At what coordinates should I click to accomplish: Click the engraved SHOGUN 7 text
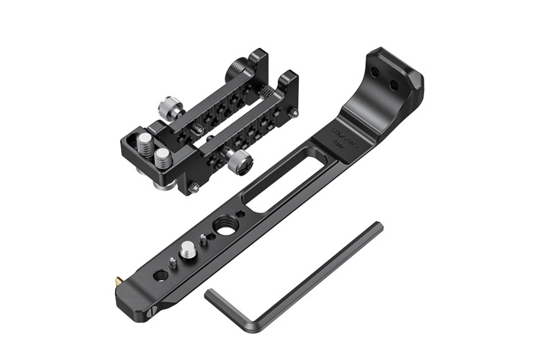click(343, 132)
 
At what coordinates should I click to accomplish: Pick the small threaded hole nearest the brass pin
click(160, 274)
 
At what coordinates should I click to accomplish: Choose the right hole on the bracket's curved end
click(395, 85)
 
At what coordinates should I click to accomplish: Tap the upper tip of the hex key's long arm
click(377, 227)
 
